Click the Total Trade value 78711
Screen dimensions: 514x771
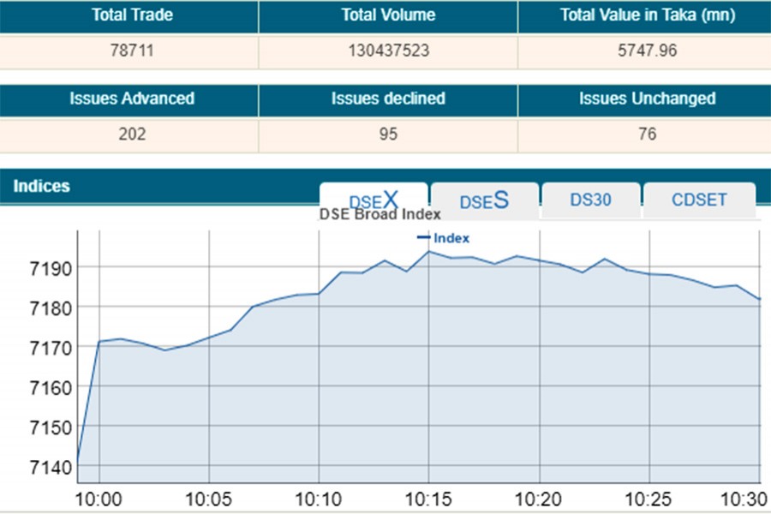[x=132, y=51]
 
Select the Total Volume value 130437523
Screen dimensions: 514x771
[x=388, y=51]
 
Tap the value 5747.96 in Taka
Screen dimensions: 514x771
[x=647, y=51]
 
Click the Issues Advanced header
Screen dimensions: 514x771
[x=132, y=99]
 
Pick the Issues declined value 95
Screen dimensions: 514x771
[x=388, y=134]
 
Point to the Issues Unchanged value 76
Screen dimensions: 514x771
[x=647, y=134]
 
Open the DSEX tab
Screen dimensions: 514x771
[x=374, y=200]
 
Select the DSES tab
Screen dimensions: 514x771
[x=484, y=200]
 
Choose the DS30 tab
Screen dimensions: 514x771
[x=590, y=200]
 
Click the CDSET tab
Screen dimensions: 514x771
[x=699, y=200]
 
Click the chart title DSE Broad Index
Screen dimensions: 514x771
[x=380, y=215]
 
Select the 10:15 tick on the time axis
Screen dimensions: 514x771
[x=428, y=498]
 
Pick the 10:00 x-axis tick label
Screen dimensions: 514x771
[x=100, y=498]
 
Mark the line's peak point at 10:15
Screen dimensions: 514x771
[x=428, y=252]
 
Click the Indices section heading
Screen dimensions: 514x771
[x=41, y=186]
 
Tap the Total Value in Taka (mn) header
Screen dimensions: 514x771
[x=647, y=15]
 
